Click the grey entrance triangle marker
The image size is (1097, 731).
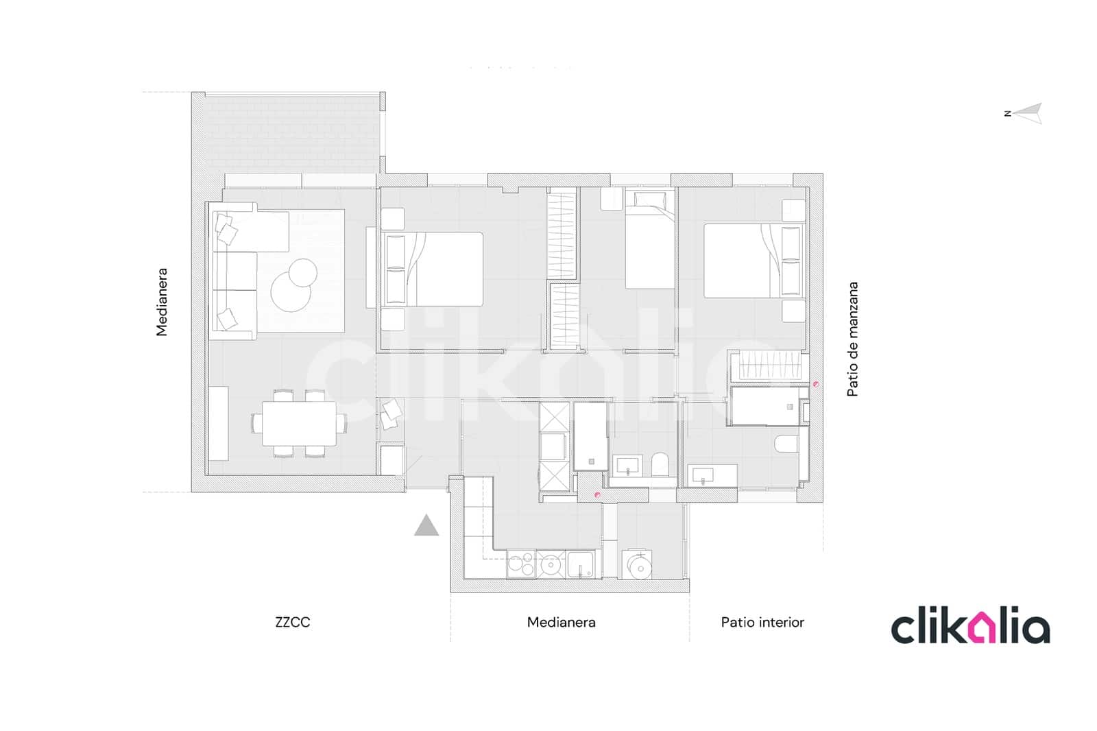pos(426,527)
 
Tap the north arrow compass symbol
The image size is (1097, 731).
pos(1026,113)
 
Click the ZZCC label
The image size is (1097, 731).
pos(293,622)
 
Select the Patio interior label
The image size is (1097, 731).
pos(762,622)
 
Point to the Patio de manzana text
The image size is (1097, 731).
pos(852,339)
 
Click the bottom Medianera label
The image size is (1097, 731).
pos(561,622)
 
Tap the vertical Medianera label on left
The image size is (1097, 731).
pos(162,302)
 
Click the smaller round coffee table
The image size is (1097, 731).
pos(302,273)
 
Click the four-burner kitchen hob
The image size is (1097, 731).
pos(520,564)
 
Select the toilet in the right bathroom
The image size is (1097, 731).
pos(786,444)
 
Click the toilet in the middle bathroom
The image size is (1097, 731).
pos(660,464)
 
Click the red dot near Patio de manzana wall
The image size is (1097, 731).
pos(815,384)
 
